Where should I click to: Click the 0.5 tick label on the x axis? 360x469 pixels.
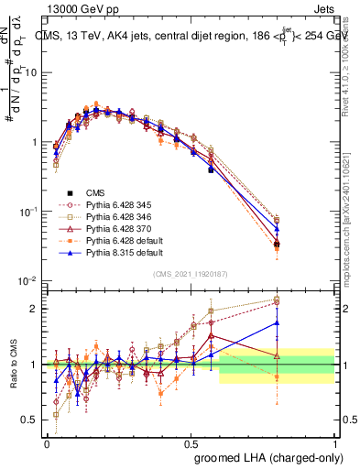click(x=191, y=442)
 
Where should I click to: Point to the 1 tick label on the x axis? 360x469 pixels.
click(x=334, y=442)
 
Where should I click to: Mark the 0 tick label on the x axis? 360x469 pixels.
click(x=47, y=442)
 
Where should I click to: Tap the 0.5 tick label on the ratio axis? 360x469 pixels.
click(x=32, y=420)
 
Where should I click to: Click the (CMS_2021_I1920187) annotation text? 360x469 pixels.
click(x=191, y=273)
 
